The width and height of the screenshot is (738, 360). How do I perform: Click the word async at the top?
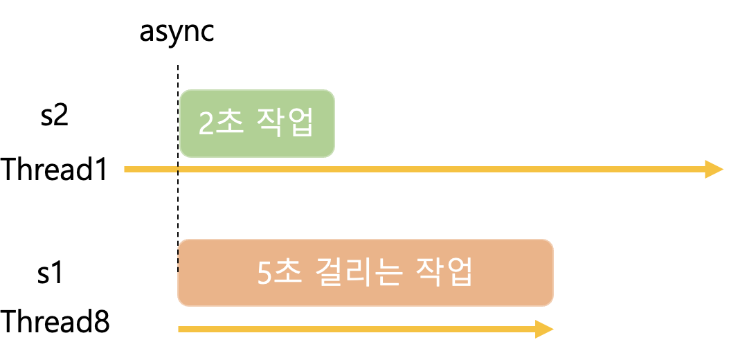(177, 31)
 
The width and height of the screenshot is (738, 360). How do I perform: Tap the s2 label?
(54, 116)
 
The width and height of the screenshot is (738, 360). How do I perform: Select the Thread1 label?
(55, 170)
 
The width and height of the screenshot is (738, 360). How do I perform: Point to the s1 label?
(50, 273)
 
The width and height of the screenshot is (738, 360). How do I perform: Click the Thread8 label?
(55, 323)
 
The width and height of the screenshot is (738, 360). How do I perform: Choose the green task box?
(257, 123)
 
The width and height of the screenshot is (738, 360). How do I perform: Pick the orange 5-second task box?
(366, 273)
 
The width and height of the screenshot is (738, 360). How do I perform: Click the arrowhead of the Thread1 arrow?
(714, 170)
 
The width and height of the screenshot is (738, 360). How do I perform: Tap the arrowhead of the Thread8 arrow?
(544, 330)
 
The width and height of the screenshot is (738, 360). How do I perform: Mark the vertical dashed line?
(178, 208)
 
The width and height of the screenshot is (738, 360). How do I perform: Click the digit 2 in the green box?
(206, 123)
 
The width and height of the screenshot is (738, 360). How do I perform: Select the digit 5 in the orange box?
(265, 273)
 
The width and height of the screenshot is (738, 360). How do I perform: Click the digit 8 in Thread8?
(101, 323)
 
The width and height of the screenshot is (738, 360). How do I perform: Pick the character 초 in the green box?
(228, 123)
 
